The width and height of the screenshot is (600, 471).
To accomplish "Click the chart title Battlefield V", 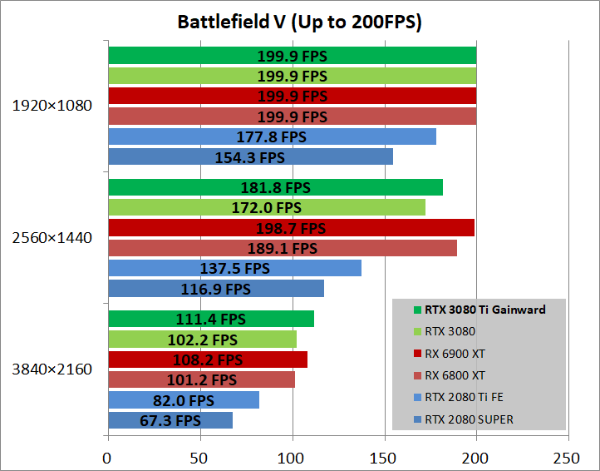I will click(x=299, y=22).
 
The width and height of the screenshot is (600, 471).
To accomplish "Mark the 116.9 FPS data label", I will click(x=215, y=289).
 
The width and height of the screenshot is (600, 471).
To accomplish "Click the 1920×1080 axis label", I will click(x=52, y=106).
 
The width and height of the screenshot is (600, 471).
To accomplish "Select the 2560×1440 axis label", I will click(x=52, y=238).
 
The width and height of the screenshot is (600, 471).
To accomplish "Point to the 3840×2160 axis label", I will click(x=52, y=369).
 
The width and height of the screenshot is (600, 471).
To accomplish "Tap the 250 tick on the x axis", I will click(x=568, y=456).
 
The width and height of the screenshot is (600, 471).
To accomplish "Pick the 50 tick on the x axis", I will click(x=199, y=456).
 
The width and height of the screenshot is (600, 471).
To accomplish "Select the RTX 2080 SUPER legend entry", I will click(x=468, y=419).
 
